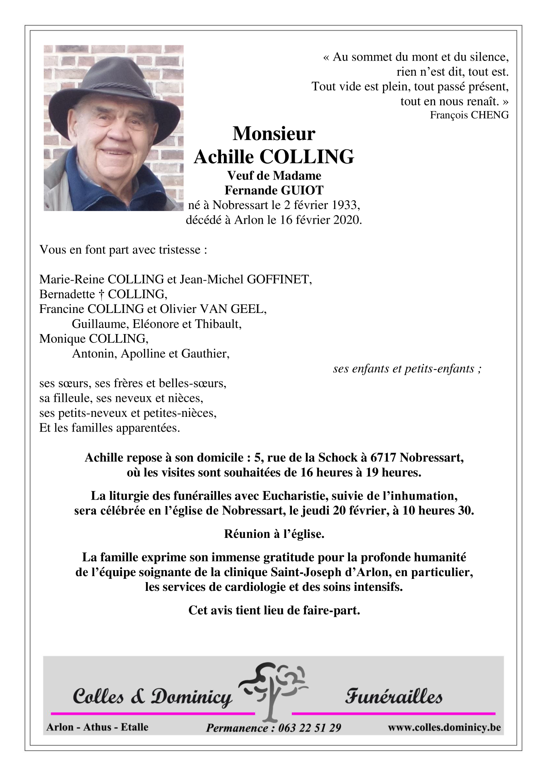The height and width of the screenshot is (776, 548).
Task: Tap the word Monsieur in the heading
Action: [x=274, y=133]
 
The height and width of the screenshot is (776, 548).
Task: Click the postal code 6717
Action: [x=384, y=457]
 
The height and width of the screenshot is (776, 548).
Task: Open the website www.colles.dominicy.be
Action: [x=444, y=727]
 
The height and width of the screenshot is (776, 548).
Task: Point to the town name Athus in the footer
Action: [x=97, y=727]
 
